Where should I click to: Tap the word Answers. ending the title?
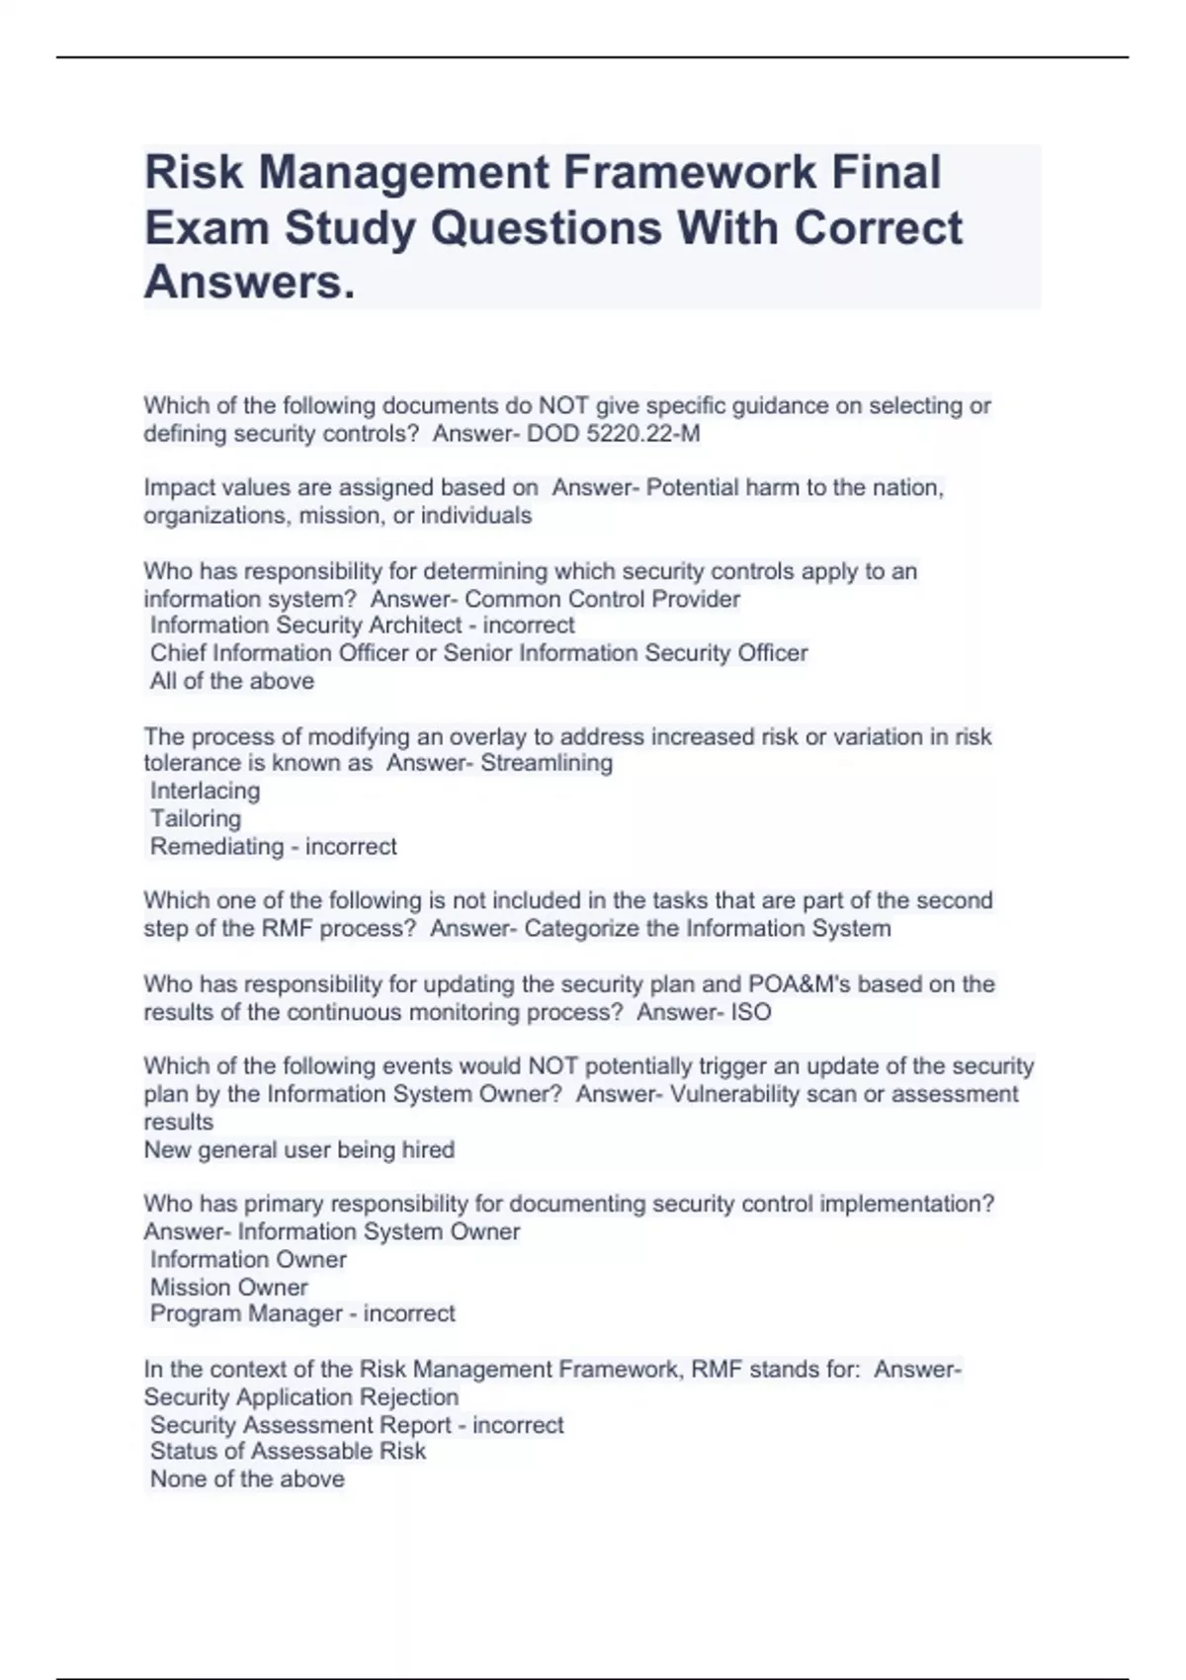[249, 283]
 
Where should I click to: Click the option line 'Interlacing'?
[205, 791]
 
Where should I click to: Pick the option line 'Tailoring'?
[196, 818]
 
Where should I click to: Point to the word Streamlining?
[547, 763]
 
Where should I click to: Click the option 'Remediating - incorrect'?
[273, 846]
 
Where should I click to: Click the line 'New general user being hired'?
[299, 1149]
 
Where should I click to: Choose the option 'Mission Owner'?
[228, 1287]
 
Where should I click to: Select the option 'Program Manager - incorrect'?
[302, 1313]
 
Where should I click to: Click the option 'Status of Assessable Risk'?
[288, 1451]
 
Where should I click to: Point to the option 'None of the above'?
[247, 1478]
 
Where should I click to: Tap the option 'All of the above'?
[231, 681]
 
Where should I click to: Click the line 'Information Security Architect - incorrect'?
[362, 625]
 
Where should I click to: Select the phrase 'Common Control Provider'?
[602, 599]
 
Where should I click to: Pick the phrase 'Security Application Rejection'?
[301, 1396]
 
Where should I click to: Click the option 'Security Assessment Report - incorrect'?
[356, 1424]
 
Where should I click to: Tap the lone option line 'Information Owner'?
[248, 1259]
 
